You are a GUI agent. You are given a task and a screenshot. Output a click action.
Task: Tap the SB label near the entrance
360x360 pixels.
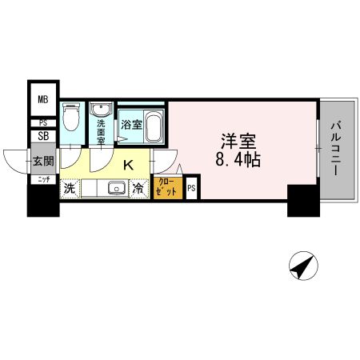pos(42,137)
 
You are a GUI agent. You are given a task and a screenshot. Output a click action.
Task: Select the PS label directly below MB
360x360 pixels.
pos(42,122)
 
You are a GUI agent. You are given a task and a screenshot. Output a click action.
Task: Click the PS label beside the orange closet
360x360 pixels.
pos(191,189)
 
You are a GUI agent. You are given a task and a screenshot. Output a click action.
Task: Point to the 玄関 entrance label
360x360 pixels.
pos(42,161)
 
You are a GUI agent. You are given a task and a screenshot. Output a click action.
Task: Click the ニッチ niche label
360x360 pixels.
pos(42,180)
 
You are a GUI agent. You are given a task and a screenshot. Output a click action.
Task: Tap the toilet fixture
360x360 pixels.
pos(71,118)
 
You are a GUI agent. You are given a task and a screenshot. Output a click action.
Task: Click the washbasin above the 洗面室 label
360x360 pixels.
pos(102,110)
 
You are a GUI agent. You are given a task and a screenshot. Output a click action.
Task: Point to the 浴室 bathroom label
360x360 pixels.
pos(130,125)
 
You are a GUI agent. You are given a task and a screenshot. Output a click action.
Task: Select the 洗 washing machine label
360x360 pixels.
pos(70,190)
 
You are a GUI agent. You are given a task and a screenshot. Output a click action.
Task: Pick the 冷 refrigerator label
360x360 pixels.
pos(139,190)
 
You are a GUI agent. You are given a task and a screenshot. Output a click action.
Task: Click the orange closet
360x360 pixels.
pos(168,189)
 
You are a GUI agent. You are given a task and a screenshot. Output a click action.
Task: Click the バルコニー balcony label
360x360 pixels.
pos(337,149)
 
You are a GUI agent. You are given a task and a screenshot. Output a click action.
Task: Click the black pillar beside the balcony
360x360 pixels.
pos(302,200)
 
